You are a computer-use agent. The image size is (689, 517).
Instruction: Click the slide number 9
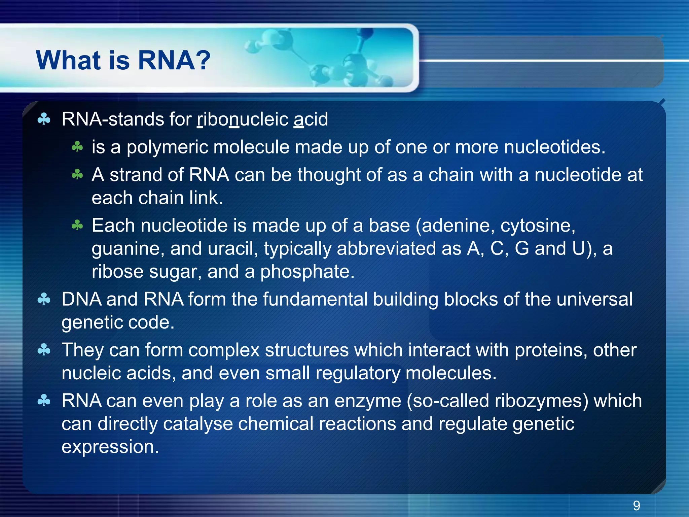click(636, 505)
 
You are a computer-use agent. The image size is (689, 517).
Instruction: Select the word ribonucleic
click(243, 119)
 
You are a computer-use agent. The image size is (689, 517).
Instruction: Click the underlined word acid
click(311, 119)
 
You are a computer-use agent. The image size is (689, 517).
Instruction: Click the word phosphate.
click(307, 272)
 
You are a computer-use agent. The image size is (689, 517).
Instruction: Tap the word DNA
click(81, 299)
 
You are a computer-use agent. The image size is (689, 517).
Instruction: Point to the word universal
click(594, 299)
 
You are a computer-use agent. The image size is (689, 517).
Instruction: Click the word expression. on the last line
click(110, 447)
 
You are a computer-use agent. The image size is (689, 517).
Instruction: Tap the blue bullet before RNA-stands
click(44, 119)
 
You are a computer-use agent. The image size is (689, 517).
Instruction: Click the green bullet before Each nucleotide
click(77, 225)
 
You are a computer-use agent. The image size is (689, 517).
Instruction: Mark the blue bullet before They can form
click(44, 350)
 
